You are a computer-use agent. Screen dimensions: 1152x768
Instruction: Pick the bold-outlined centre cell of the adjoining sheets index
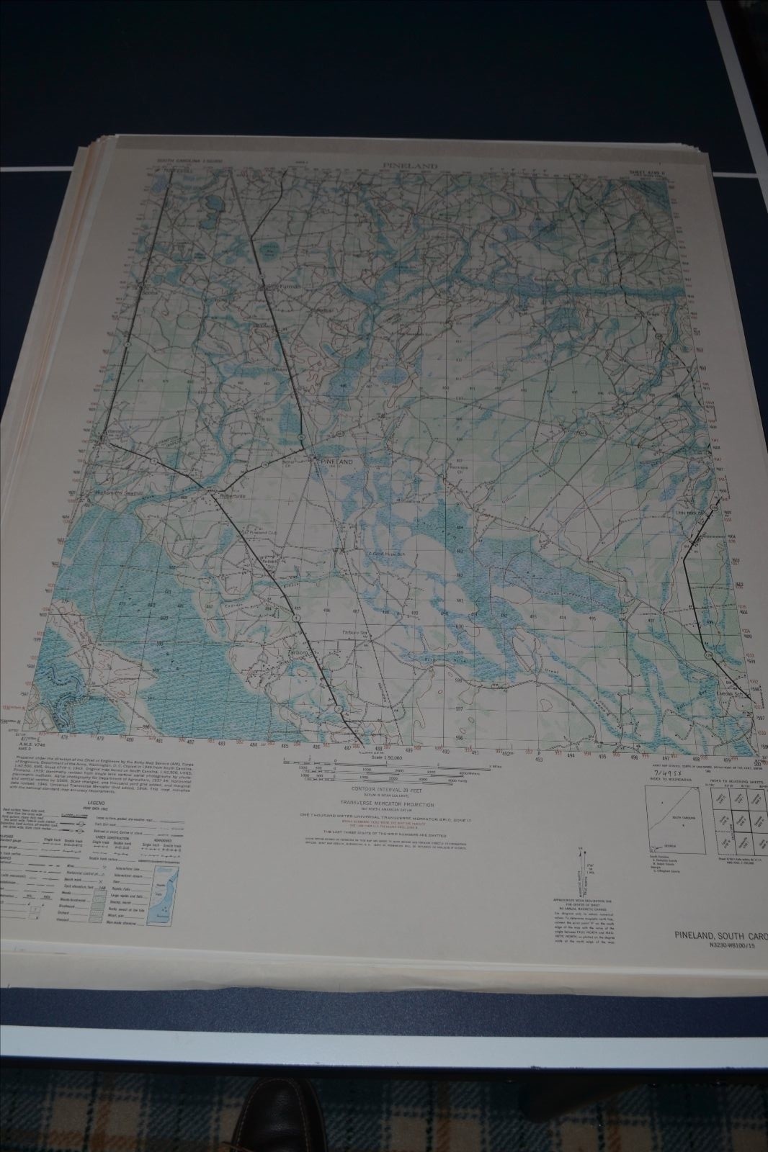click(x=738, y=820)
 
